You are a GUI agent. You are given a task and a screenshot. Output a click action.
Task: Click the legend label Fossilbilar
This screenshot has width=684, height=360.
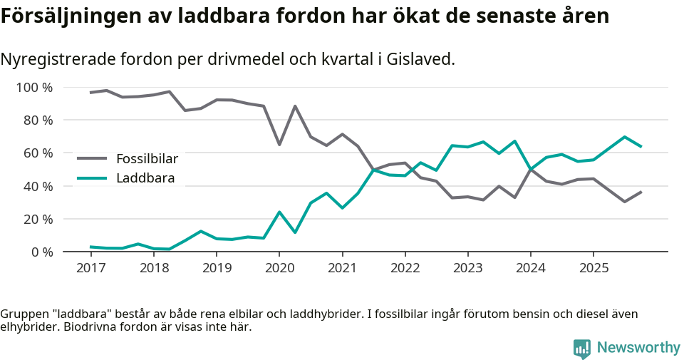click(147, 159)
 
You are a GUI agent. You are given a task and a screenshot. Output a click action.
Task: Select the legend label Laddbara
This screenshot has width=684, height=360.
click(145, 178)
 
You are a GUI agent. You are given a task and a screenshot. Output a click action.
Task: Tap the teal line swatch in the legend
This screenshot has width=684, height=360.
click(92, 178)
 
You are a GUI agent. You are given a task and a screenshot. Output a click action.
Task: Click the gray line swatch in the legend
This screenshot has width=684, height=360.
click(92, 159)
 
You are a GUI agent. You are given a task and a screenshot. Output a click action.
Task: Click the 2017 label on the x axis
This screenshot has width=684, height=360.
click(90, 268)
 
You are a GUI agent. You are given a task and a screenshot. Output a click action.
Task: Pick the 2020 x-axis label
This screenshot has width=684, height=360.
click(279, 268)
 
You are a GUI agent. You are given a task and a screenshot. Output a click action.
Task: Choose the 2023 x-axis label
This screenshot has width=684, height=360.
click(467, 268)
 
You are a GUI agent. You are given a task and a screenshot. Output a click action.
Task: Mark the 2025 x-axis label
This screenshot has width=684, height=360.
click(594, 268)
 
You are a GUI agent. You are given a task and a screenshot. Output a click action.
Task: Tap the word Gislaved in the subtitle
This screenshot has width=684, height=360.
click(420, 59)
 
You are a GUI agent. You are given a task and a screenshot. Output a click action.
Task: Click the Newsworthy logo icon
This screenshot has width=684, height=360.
click(582, 348)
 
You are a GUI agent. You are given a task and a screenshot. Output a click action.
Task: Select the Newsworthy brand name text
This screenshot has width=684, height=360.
click(638, 348)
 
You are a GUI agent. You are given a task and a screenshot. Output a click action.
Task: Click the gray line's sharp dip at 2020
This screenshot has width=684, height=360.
click(279, 145)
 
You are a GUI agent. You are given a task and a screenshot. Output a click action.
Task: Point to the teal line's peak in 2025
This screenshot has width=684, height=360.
click(625, 137)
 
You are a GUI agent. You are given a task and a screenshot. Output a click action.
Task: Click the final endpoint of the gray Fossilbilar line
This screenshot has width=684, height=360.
click(641, 192)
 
